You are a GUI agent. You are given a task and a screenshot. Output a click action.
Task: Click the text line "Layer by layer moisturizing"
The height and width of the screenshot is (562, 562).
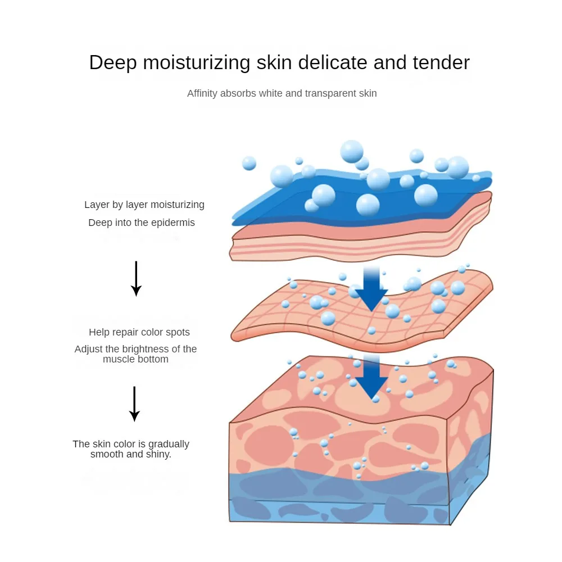144,205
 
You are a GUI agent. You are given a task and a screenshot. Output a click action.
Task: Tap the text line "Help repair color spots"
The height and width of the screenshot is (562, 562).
139,332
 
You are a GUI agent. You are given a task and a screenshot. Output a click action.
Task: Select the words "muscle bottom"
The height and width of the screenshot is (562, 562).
135,359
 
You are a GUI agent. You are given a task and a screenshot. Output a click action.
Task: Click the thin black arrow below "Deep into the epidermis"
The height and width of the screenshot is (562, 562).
135,278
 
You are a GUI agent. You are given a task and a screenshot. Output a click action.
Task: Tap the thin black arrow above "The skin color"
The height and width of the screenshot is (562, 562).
134,404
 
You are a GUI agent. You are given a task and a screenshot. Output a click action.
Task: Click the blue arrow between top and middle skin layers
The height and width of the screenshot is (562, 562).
371,289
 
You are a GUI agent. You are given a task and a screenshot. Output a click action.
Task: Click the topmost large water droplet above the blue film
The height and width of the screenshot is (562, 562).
352,151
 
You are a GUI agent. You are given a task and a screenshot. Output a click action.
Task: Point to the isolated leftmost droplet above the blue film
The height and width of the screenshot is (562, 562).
249,164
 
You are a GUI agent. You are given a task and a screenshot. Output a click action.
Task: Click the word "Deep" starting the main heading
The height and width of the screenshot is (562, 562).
112,62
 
